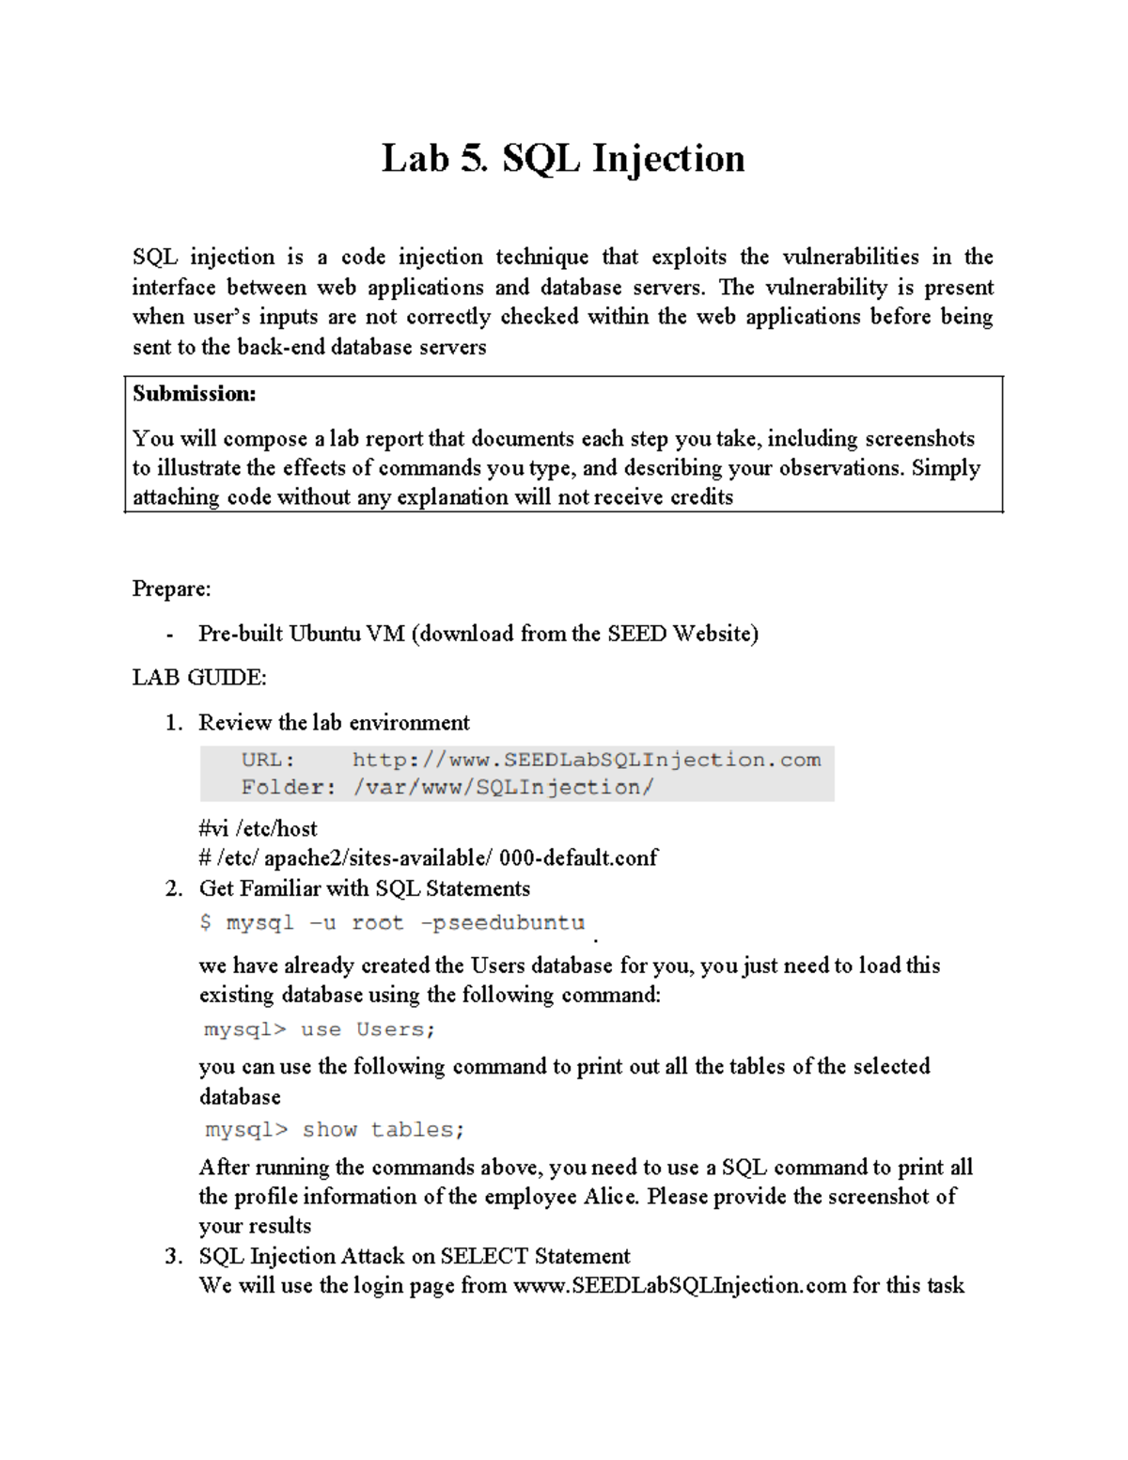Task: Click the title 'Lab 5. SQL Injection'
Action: tap(562, 158)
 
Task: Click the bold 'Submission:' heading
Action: tap(194, 394)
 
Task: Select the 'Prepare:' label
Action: tap(171, 589)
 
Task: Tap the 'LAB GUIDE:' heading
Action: tap(199, 678)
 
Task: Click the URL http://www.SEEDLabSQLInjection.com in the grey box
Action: tap(586, 760)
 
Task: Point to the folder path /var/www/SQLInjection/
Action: tap(503, 788)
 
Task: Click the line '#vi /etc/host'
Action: tap(258, 829)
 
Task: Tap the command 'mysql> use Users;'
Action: tap(320, 1029)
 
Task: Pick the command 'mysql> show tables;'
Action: tap(335, 1130)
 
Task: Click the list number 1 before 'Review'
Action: tap(172, 723)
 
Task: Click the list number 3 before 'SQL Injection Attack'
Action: tap(172, 1257)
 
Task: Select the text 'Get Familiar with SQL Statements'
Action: tap(364, 889)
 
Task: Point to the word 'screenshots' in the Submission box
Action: tap(919, 439)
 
